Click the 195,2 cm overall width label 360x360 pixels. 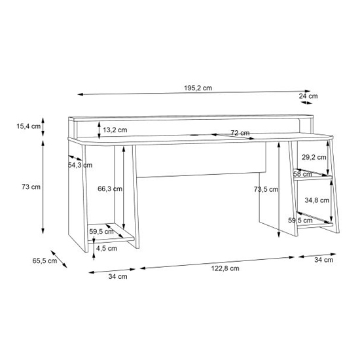(198, 88)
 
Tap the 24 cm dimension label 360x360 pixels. (308, 96)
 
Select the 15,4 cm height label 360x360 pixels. (28, 126)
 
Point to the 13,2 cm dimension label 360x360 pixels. (115, 130)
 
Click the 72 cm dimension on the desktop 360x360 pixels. (240, 133)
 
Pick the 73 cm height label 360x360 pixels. (31, 187)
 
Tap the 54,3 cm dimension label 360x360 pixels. (80, 165)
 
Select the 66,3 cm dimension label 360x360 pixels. (110, 189)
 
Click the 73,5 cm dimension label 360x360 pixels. (266, 189)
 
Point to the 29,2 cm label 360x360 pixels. (314, 157)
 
